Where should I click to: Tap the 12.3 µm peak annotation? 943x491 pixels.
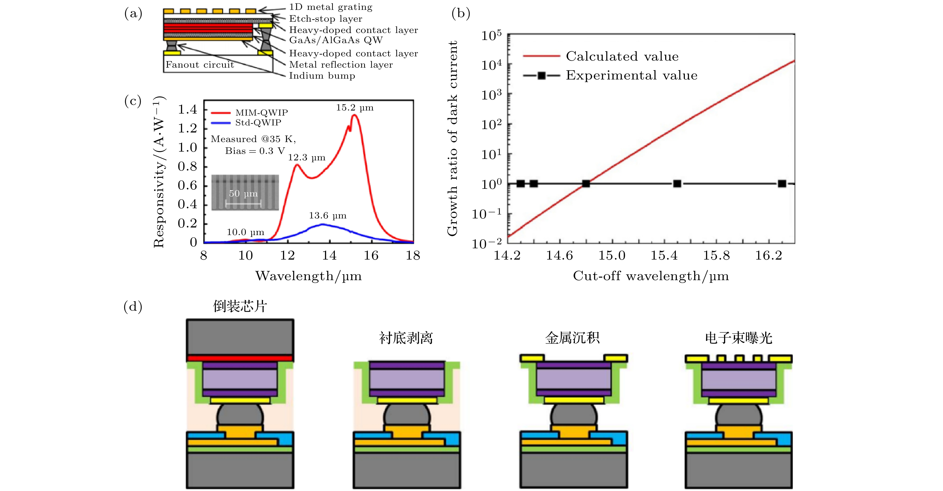[306, 158]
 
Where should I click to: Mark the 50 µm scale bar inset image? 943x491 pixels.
[245, 193]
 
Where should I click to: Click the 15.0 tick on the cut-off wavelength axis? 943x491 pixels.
[612, 255]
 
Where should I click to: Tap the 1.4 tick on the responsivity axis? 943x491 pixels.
[187, 109]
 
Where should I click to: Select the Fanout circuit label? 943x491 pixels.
[200, 65]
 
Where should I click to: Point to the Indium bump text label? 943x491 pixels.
[322, 76]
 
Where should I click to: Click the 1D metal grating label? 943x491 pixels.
[331, 7]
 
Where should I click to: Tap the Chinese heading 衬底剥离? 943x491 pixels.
[406, 338]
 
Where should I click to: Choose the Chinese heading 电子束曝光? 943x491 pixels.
[738, 338]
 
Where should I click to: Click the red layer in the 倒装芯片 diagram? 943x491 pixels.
[240, 358]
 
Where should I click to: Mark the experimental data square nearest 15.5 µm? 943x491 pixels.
[677, 183]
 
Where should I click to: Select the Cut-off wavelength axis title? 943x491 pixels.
[650, 276]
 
